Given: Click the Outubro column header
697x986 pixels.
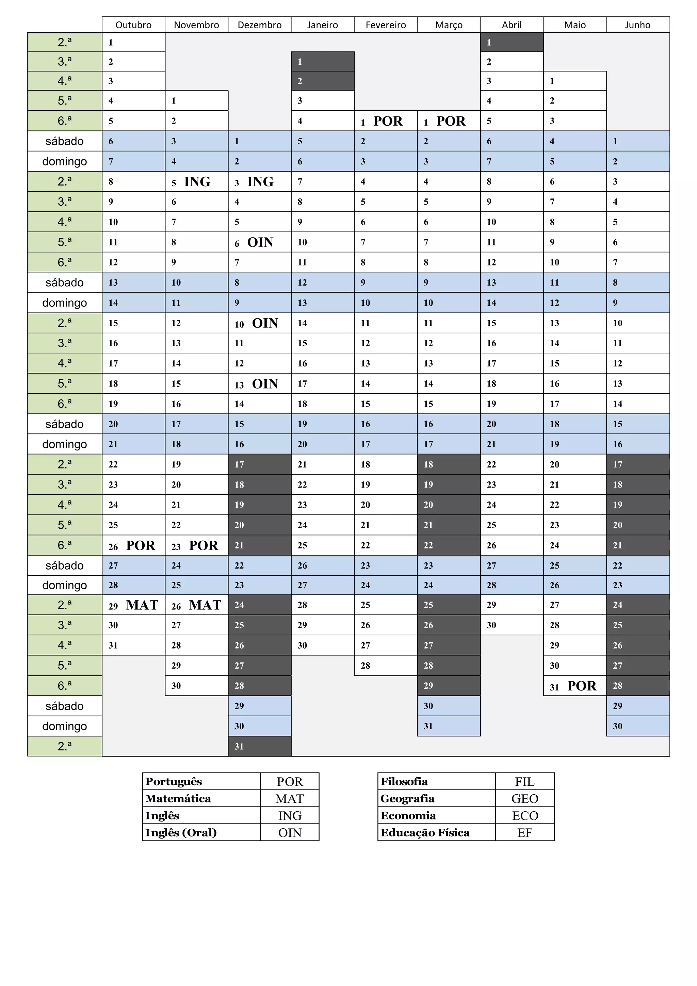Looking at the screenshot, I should click(133, 25).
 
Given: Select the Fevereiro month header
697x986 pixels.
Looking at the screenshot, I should click(385, 25).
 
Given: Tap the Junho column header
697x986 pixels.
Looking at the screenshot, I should click(637, 25).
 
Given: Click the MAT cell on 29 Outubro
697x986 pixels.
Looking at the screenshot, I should click(133, 605).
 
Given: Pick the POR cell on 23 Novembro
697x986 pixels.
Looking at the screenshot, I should click(197, 545).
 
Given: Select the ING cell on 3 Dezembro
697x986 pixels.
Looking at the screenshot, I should click(260, 182).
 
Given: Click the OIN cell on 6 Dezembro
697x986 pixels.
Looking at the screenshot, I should click(260, 242).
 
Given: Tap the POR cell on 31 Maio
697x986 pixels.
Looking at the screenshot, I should click(575, 686).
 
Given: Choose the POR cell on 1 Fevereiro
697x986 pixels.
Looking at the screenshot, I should click(385, 121).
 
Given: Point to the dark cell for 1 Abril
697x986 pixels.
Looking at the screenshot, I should click(512, 43).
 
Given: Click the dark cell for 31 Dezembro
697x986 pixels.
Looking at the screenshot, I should click(260, 746).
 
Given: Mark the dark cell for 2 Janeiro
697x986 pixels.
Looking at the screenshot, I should click(323, 81).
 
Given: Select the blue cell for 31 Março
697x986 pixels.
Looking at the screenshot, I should click(449, 726).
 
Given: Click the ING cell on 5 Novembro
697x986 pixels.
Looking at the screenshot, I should click(197, 182).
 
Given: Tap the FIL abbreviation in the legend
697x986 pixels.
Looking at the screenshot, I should click(524, 782).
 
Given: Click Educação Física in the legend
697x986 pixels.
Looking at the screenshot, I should click(425, 833).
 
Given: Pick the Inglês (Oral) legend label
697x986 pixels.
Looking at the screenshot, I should click(181, 833).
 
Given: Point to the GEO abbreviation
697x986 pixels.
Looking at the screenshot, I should click(524, 799).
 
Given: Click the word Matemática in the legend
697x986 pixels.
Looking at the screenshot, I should click(178, 799).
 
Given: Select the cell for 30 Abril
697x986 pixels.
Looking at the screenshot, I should click(512, 625).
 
